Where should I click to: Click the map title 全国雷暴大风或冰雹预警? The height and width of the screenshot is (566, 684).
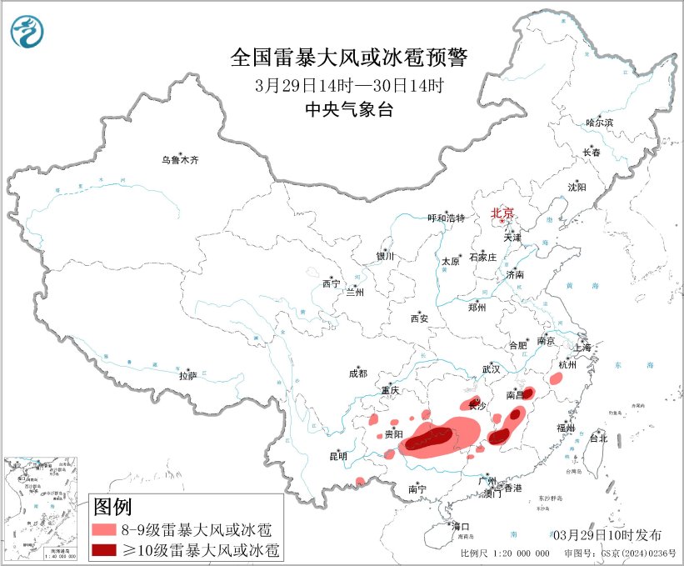[x=349, y=58]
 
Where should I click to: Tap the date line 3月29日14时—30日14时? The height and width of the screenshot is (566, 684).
[x=349, y=85]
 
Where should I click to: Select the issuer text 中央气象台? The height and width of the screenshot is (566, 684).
[x=349, y=110]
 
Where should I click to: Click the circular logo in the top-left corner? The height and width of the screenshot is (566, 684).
[x=27, y=31]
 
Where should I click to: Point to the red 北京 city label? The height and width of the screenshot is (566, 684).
[x=503, y=213]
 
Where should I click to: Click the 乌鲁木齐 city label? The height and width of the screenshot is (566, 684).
[x=181, y=159]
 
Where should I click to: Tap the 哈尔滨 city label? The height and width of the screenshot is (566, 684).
[x=599, y=123]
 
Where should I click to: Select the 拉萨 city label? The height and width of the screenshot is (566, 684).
[x=187, y=376]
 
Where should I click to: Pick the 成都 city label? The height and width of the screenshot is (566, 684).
[x=358, y=374]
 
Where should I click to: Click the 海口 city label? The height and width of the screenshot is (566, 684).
[x=461, y=527]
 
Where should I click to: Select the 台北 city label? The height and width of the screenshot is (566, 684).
[x=598, y=438]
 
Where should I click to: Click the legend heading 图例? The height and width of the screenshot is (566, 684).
[x=112, y=506]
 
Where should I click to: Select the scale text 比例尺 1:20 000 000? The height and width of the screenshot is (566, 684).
[x=505, y=553]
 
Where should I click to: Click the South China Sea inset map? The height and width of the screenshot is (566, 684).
[x=42, y=508]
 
